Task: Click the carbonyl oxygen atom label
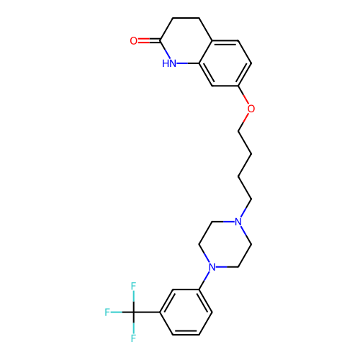[x=133, y=41]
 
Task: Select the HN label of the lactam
[x=169, y=63]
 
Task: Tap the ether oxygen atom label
[x=251, y=109]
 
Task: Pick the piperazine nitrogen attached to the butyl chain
[x=238, y=222]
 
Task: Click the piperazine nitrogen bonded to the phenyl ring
[x=212, y=267]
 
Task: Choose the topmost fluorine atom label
[x=133, y=286]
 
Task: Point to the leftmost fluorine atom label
[x=107, y=312]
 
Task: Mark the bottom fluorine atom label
[x=133, y=338]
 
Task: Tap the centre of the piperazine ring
[x=225, y=244]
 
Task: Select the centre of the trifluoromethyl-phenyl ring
[x=186, y=312]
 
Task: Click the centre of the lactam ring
[x=186, y=41]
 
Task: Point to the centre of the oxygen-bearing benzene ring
[x=225, y=63]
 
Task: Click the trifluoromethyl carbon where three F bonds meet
[x=133, y=312]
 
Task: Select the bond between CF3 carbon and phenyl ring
[x=147, y=312]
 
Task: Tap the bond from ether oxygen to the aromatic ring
[x=243, y=94]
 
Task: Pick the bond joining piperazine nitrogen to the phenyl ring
[x=204, y=280]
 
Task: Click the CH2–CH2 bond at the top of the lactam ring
[x=186, y=18]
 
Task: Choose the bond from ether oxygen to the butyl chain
[x=243, y=122]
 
